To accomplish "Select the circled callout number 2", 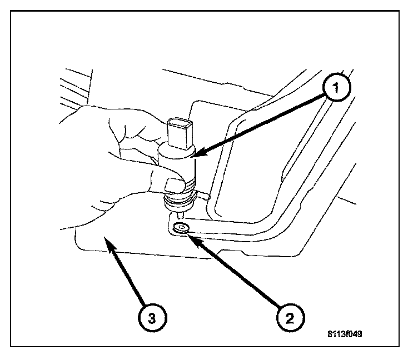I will [x=289, y=318].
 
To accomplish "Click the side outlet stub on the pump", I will [x=201, y=194].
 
